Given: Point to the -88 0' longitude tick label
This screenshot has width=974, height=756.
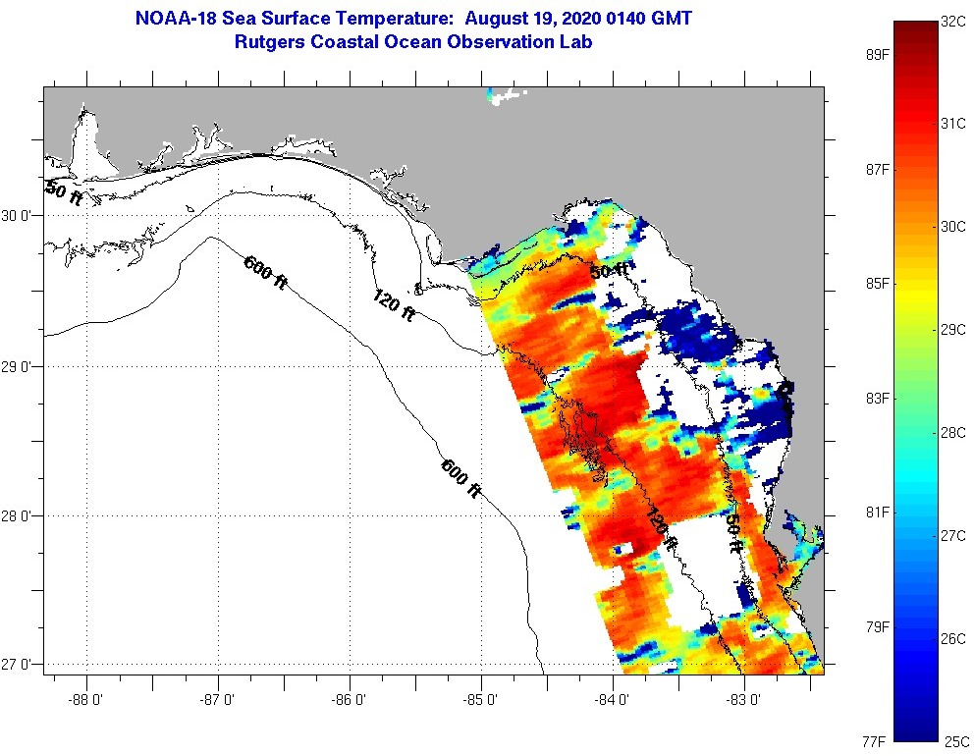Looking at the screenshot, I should pos(86,700).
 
